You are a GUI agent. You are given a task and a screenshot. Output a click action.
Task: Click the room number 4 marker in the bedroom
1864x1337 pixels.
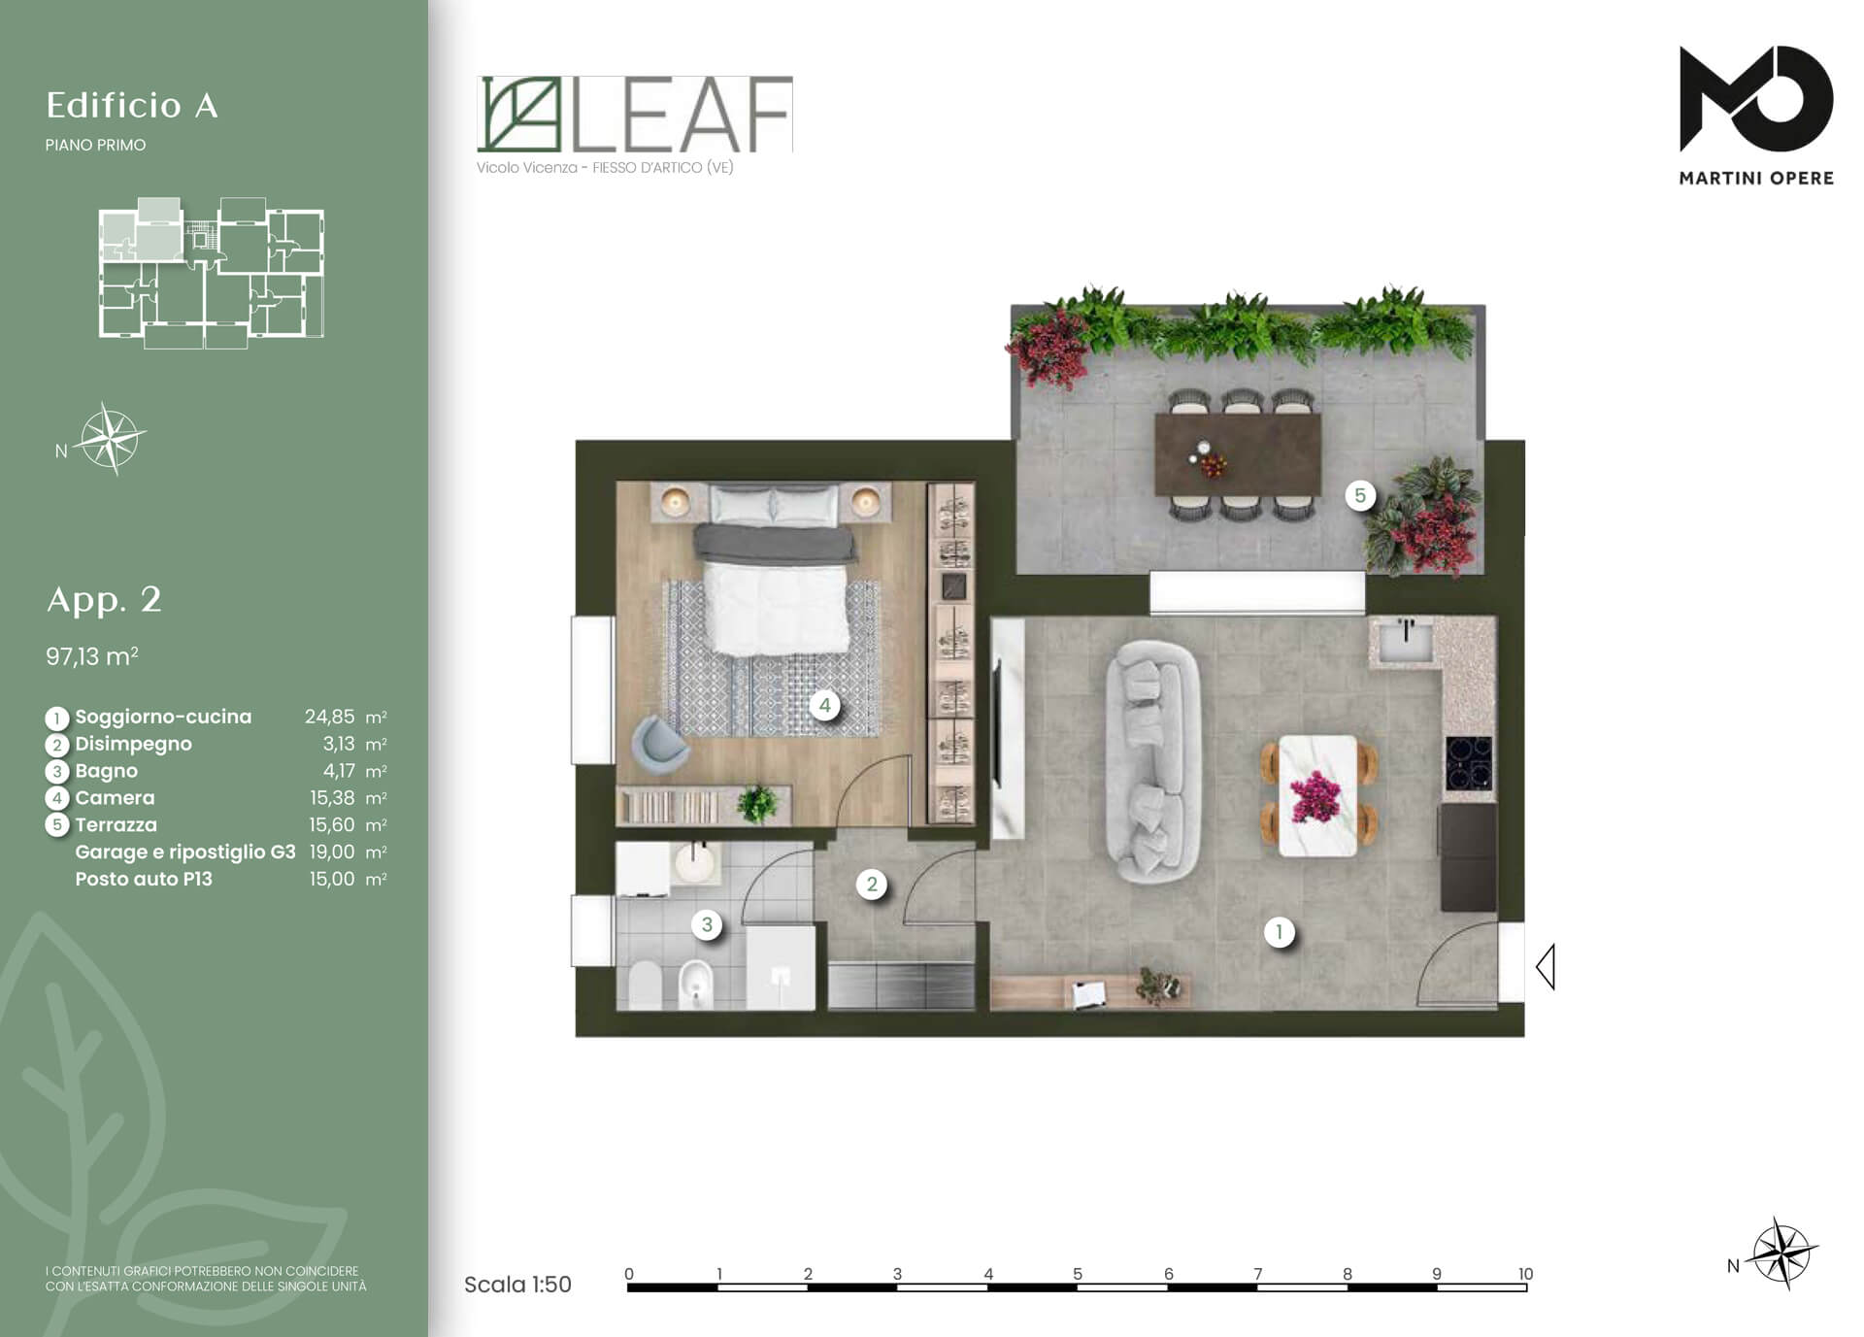tap(824, 705)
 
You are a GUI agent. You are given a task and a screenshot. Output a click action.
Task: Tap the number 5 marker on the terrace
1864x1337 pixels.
tap(1359, 495)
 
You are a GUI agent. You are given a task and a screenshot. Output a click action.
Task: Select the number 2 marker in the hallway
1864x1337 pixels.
tap(872, 884)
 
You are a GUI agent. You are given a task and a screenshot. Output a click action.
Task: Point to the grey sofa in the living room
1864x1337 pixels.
tap(1153, 760)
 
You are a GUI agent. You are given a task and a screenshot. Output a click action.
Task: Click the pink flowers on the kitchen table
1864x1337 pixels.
tap(1315, 796)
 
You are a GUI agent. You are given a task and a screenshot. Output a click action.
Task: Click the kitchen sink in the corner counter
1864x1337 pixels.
tap(1406, 640)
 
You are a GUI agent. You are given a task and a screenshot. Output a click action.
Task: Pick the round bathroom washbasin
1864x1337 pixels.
tap(694, 861)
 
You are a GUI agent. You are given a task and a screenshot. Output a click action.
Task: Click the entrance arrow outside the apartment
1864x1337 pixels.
tap(1546, 967)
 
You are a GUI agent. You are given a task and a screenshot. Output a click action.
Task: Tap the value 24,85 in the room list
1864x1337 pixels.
tap(329, 717)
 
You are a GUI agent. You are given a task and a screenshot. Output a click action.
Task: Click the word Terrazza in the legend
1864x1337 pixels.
tap(116, 824)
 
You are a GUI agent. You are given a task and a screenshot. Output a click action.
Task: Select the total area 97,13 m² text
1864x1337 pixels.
tap(91, 656)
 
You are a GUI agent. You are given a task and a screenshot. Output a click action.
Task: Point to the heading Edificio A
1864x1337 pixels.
tap(132, 105)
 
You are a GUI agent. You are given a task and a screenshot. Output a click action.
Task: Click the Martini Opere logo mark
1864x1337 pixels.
tap(1756, 98)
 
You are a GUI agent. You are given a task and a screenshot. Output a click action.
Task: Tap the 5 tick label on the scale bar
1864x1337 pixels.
tap(1078, 1274)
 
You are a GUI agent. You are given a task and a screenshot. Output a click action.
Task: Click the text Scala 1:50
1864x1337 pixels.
tap(517, 1285)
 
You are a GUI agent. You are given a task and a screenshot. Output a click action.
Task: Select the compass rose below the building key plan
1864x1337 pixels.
tap(112, 439)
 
